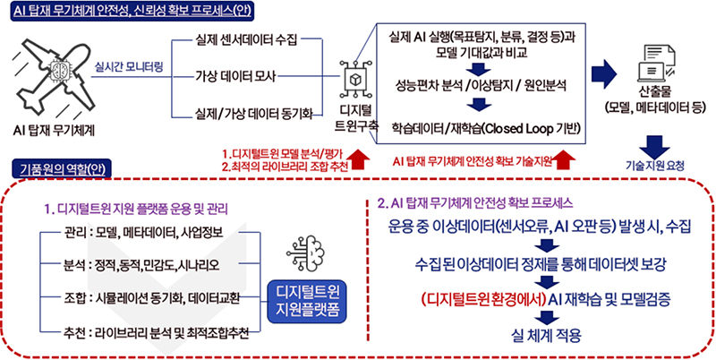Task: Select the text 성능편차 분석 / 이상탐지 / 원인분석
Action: click(x=476, y=88)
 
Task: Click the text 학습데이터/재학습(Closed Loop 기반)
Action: click(x=477, y=126)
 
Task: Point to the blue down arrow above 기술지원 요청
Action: click(x=658, y=144)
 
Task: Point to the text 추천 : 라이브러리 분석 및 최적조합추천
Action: click(x=149, y=332)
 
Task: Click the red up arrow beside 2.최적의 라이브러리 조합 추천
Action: click(x=360, y=159)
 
